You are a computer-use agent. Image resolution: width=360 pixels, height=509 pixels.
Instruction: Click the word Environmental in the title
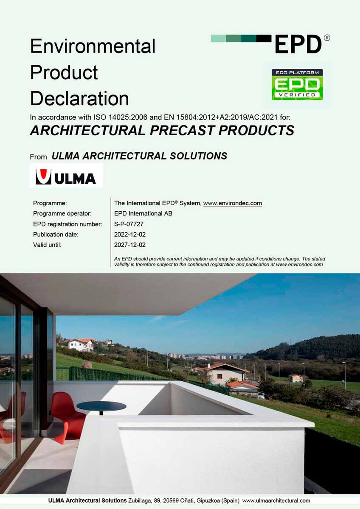(x=93, y=46)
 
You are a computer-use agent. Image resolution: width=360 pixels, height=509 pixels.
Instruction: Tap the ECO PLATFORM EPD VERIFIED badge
(x=297, y=84)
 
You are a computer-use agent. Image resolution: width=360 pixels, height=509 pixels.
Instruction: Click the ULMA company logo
(x=66, y=176)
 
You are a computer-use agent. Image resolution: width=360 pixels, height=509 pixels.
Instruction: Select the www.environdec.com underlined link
(x=233, y=203)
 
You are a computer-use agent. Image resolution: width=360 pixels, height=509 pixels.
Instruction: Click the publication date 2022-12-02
(x=130, y=234)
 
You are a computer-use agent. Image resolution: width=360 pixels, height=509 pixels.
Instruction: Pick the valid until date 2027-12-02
(x=130, y=245)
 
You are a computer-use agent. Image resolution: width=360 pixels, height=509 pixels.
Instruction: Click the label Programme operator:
(x=62, y=213)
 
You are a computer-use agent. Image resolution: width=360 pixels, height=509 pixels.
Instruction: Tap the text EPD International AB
(x=143, y=213)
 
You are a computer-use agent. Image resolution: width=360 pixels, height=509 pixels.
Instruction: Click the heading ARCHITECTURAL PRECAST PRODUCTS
(x=162, y=131)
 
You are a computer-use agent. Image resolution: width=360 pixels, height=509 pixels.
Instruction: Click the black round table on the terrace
(x=101, y=406)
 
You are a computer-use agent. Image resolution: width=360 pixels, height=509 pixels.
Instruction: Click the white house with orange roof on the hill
(x=81, y=344)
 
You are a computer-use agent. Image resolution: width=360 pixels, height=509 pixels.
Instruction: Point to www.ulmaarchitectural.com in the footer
(x=276, y=501)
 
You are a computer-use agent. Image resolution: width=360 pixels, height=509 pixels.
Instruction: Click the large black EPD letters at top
(x=298, y=44)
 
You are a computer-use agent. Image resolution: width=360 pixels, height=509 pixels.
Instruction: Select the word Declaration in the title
(x=79, y=98)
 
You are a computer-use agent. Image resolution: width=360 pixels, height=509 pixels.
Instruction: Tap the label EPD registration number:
(x=67, y=224)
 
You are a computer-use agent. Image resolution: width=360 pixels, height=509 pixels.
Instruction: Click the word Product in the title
(x=64, y=73)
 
